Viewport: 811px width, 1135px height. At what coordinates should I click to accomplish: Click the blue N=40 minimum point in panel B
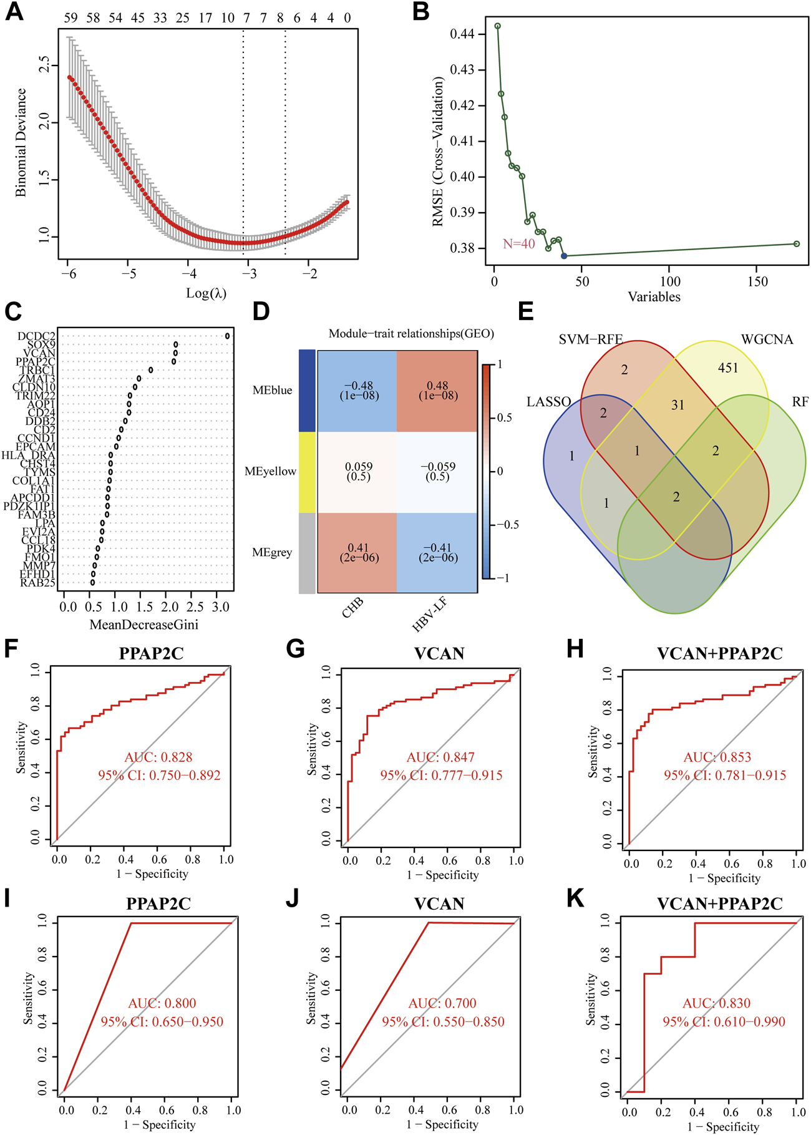click(x=564, y=256)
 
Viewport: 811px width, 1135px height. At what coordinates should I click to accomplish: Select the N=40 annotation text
click(x=519, y=244)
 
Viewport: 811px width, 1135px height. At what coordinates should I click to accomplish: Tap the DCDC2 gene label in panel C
click(x=36, y=336)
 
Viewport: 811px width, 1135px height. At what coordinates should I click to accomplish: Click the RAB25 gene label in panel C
click(x=37, y=583)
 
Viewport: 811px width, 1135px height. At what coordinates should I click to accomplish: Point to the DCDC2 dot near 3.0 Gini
click(x=228, y=336)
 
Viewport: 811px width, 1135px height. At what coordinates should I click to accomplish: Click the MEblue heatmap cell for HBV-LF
click(x=437, y=391)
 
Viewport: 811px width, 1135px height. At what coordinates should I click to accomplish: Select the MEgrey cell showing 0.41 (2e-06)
click(x=358, y=553)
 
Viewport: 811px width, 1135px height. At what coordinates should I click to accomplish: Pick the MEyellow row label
click(x=270, y=471)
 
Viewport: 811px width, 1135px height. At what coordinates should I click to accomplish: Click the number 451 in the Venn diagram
click(x=728, y=368)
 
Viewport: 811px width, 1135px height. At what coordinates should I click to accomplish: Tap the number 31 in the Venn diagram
click(x=678, y=406)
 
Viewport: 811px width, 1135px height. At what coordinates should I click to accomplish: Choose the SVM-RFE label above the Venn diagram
click(x=591, y=339)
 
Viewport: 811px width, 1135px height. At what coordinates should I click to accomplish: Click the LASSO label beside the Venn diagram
click(x=549, y=402)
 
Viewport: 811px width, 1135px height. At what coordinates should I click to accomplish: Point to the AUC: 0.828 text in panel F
click(x=158, y=757)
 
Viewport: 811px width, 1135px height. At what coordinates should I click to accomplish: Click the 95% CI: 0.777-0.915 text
click(x=442, y=776)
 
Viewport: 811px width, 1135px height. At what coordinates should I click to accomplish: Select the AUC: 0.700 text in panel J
click(x=442, y=1003)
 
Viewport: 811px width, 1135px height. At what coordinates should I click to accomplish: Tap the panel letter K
click(x=575, y=899)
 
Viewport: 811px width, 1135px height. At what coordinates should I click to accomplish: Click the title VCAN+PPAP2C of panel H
click(x=720, y=654)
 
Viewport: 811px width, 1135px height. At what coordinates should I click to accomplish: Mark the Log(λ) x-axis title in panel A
click(x=206, y=293)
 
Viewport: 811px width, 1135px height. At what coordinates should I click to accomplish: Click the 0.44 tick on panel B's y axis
click(x=462, y=34)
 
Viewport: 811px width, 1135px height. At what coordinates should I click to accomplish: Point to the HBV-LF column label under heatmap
click(x=430, y=614)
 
